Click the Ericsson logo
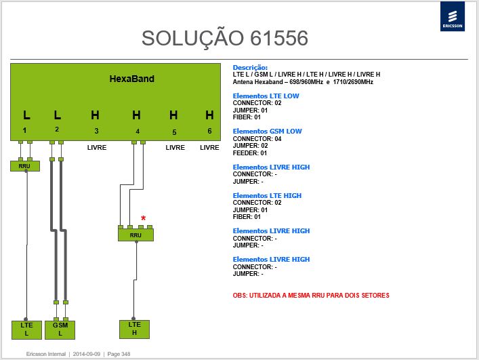[453, 16]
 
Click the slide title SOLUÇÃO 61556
[225, 39]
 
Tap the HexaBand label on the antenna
[132, 79]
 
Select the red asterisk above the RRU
[143, 218]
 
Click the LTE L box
[26, 329]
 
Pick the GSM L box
[60, 329]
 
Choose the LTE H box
[134, 329]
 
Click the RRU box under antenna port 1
[25, 166]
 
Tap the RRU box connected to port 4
[136, 235]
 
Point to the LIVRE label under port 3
[97, 148]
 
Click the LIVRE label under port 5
[175, 148]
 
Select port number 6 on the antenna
[209, 131]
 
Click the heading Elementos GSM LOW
[268, 132]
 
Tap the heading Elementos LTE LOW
[266, 96]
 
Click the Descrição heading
[250, 68]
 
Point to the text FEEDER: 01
[250, 153]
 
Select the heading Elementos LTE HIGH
[267, 195]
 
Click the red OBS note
[311, 296]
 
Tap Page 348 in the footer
[119, 354]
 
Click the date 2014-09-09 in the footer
[87, 354]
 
